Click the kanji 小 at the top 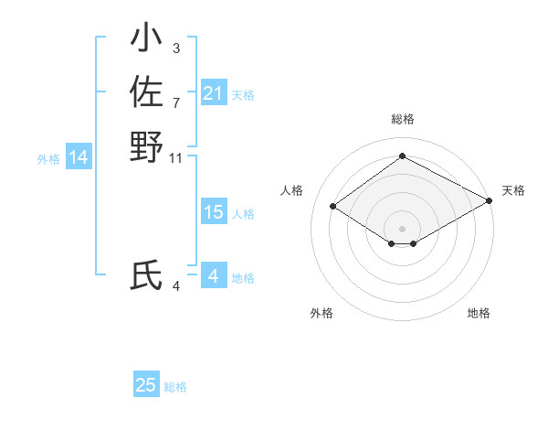click(146, 39)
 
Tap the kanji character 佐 click(146, 92)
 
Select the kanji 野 click(146, 146)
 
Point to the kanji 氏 click(146, 275)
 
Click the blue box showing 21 click(213, 93)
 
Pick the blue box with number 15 click(213, 212)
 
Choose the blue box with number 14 click(79, 157)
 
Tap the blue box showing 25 click(146, 385)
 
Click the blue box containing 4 click(213, 275)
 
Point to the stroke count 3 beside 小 click(175, 48)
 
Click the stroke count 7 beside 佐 click(175, 102)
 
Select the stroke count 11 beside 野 click(176, 157)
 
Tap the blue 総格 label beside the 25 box click(175, 387)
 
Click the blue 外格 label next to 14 click(48, 159)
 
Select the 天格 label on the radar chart click(513, 190)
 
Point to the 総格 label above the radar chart click(402, 119)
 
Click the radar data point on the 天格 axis click(490, 200)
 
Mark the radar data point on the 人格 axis click(333, 207)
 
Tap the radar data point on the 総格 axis click(402, 156)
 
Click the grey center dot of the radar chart click(402, 228)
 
